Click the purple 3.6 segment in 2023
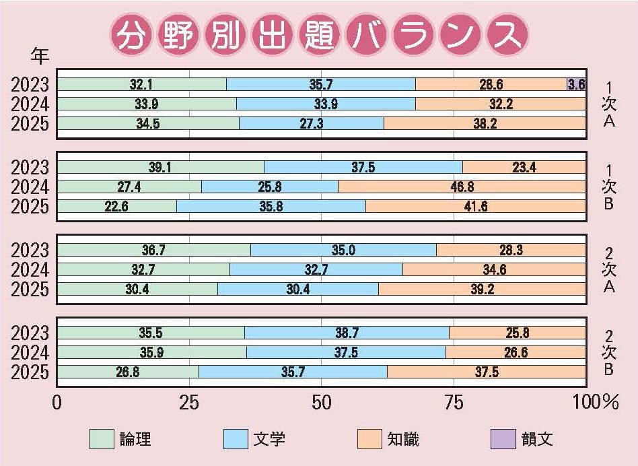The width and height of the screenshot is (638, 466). pos(576,85)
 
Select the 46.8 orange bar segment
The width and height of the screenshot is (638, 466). pos(462,187)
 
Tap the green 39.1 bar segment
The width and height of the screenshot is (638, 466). pos(160,167)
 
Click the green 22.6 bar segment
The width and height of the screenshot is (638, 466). pos(116,206)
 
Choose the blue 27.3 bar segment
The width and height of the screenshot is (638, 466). pos(311,123)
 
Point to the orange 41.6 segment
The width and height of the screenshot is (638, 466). pos(475,206)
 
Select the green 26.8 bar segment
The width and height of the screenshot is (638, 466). pos(128,372)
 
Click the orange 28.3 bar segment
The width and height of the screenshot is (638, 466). pos(511,251)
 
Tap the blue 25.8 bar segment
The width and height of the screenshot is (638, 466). pos(269,187)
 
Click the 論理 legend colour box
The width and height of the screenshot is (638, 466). pos(102,439)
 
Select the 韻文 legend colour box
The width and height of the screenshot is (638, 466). pos(505,439)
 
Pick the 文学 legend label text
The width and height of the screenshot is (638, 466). pos(269,440)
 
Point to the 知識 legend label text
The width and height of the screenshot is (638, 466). pos(403,440)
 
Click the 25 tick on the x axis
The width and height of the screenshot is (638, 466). pos(188,403)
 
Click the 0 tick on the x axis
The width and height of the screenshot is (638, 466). pos(57,403)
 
